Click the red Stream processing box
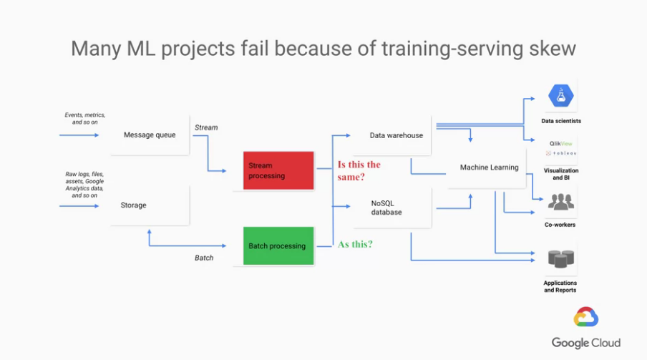click(x=278, y=170)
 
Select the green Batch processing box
click(x=278, y=245)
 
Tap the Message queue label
click(x=150, y=135)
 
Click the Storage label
click(x=133, y=205)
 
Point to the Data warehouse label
click(x=396, y=135)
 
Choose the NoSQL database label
click(x=386, y=208)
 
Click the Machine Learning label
click(x=490, y=167)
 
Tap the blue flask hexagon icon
click(x=561, y=96)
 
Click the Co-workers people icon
click(x=561, y=202)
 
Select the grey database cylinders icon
click(x=561, y=259)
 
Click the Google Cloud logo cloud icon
click(x=586, y=317)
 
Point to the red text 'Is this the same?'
click(x=359, y=170)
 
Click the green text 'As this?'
click(x=355, y=244)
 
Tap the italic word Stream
click(x=206, y=127)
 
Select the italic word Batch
click(x=204, y=258)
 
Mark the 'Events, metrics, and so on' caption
click(x=85, y=119)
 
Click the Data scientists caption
click(x=561, y=121)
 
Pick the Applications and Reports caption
click(x=560, y=286)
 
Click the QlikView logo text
click(x=561, y=144)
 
